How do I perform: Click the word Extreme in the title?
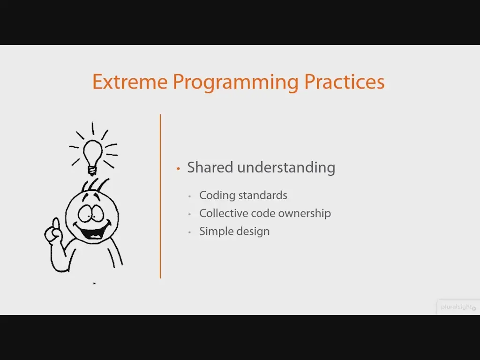[x=130, y=82]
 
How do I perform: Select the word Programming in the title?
[x=235, y=82]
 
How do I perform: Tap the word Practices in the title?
[x=344, y=82]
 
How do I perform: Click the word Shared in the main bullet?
[x=210, y=167]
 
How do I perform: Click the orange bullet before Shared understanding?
[x=179, y=168]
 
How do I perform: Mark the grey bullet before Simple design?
[x=190, y=232]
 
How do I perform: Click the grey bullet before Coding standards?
[x=190, y=196]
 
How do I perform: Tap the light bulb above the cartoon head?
[x=92, y=157]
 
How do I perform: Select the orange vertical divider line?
[x=160, y=196]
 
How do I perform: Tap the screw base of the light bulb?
[x=92, y=171]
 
